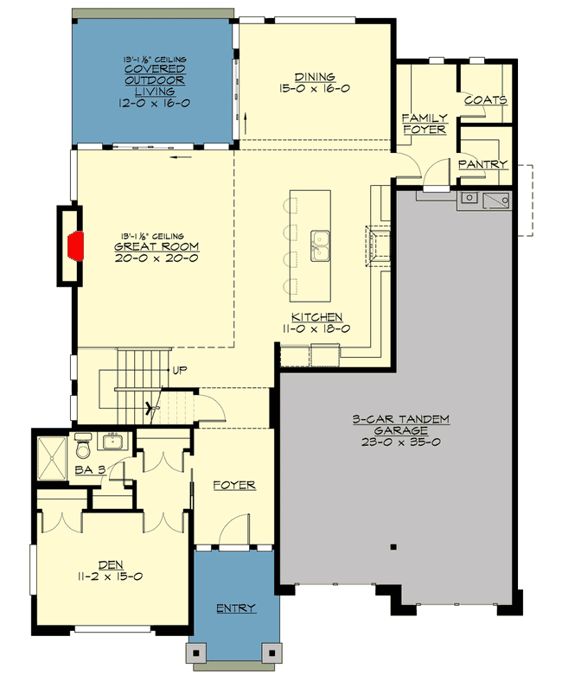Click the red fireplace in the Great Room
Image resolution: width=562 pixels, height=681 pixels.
[77, 245]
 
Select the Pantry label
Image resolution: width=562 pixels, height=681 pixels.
[482, 163]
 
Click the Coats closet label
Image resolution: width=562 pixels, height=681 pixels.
[485, 99]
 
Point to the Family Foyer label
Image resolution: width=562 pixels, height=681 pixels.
[424, 123]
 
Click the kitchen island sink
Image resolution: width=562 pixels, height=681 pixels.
[320, 245]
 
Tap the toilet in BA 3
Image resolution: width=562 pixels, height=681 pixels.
[83, 449]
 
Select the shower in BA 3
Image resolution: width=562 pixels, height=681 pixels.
[54, 457]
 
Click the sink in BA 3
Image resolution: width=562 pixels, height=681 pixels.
[112, 443]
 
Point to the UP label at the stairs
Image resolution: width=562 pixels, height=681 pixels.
[181, 370]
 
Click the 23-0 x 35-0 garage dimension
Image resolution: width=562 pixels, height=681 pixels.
[400, 441]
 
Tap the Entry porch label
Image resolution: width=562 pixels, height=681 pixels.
[235, 608]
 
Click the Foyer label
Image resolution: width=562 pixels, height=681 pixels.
[234, 486]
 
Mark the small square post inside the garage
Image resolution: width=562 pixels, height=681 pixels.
[393, 546]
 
